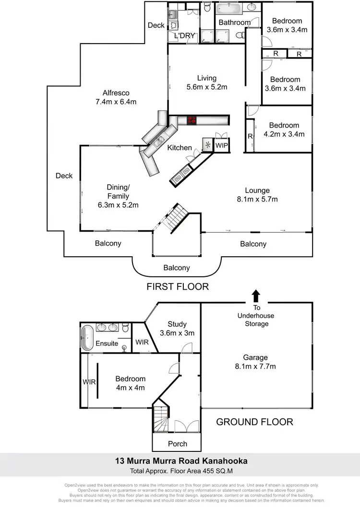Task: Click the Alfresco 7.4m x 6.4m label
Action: coord(116,97)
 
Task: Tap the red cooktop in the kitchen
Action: coord(192,120)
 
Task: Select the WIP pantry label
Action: coord(222,145)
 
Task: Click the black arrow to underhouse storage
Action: coord(256,295)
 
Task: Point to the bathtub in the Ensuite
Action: coord(87,338)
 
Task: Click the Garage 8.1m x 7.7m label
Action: coord(255,362)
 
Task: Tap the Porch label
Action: coord(178,443)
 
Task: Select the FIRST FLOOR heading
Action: coord(178,287)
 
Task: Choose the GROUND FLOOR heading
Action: coord(254,422)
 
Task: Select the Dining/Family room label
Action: coord(118,196)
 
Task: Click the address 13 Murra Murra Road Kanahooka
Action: coord(181,461)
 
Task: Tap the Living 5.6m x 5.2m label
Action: coord(207,83)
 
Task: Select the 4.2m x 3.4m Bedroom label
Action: coord(284,130)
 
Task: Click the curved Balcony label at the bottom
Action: coord(176,268)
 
